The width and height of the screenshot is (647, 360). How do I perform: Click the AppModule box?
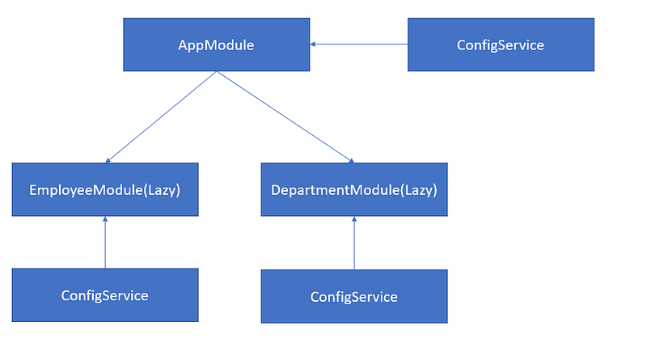pyautogui.click(x=216, y=44)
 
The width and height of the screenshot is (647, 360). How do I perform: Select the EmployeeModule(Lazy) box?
pyautogui.click(x=105, y=189)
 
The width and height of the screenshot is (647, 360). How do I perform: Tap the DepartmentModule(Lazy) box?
pyautogui.click(x=354, y=189)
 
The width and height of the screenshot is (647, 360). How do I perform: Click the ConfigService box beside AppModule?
pyautogui.click(x=501, y=44)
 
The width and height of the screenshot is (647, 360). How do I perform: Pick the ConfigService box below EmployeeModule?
pyautogui.click(x=105, y=295)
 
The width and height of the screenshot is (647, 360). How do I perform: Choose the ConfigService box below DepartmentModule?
pyautogui.click(x=354, y=296)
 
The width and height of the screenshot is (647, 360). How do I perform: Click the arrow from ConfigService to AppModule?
pyautogui.click(x=359, y=44)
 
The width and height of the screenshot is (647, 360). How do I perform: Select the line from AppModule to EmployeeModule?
pyautogui.click(x=161, y=116)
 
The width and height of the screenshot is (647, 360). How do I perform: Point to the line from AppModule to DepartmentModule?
pyautogui.click(x=285, y=116)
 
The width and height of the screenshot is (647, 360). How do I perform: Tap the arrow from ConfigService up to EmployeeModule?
pyautogui.click(x=105, y=243)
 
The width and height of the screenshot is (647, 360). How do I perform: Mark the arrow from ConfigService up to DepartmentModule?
pyautogui.click(x=354, y=243)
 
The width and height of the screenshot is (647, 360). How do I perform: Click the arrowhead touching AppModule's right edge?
pyautogui.click(x=312, y=44)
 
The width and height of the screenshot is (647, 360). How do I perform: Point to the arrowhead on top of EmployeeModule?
pyautogui.click(x=108, y=161)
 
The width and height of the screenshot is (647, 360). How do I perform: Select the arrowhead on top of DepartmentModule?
pyautogui.click(x=352, y=161)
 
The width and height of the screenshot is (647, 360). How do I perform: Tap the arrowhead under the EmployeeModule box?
pyautogui.click(x=105, y=219)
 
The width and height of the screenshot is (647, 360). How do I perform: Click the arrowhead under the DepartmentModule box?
pyautogui.click(x=354, y=219)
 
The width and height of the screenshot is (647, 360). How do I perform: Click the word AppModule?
pyautogui.click(x=216, y=45)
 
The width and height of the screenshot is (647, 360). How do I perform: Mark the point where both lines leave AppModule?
pyautogui.click(x=217, y=71)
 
